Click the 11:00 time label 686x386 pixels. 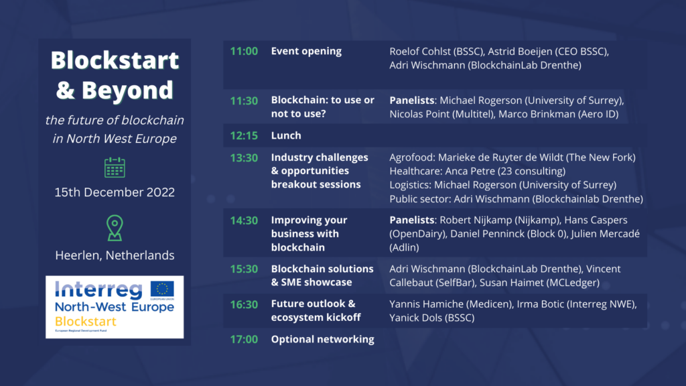pos(244,51)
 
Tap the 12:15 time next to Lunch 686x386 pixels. pos(244,135)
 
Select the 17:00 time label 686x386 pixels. pos(244,339)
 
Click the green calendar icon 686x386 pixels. pos(115,167)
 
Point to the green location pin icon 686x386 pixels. pos(115,228)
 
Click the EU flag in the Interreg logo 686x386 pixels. pos(162,289)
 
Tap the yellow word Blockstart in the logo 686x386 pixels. pos(86,322)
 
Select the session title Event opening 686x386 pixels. pos(306,51)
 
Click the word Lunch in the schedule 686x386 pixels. pos(286,135)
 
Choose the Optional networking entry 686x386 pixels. pos(322,339)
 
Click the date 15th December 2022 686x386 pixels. pos(115,192)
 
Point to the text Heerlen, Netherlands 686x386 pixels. pos(115,255)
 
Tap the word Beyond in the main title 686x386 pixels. pos(127,90)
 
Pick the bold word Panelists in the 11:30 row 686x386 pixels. pos(412,101)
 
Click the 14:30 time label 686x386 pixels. pos(244,220)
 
